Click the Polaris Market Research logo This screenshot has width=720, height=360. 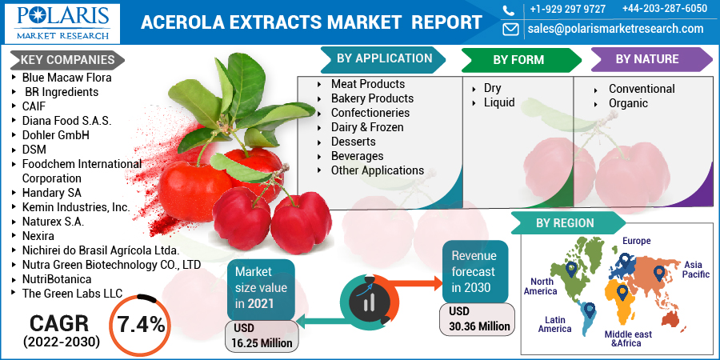pyautogui.click(x=62, y=23)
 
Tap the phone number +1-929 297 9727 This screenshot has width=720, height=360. pyautogui.click(x=567, y=9)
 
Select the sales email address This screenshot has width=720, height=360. pyautogui.click(x=615, y=29)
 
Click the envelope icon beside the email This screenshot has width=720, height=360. pyautogui.click(x=510, y=30)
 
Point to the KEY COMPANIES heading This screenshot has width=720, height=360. pyautogui.click(x=67, y=60)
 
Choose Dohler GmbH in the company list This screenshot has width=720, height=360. pyautogui.click(x=55, y=135)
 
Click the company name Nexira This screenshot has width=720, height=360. pyautogui.click(x=38, y=236)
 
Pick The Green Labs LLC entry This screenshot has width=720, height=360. pyautogui.click(x=73, y=294)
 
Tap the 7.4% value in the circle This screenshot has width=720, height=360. pyautogui.click(x=142, y=325)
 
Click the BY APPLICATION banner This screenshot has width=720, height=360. pyautogui.click(x=384, y=58)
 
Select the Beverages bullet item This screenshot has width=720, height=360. pyautogui.click(x=358, y=156)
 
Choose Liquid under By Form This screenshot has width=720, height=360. pyautogui.click(x=499, y=102)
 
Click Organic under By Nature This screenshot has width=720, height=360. pyautogui.click(x=628, y=103)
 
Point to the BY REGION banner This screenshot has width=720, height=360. pyautogui.click(x=568, y=223)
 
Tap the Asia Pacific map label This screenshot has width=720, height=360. pyautogui.click(x=696, y=270)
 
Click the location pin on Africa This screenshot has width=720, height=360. pyautogui.click(x=622, y=292)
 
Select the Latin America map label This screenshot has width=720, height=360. pyautogui.click(x=554, y=324)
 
